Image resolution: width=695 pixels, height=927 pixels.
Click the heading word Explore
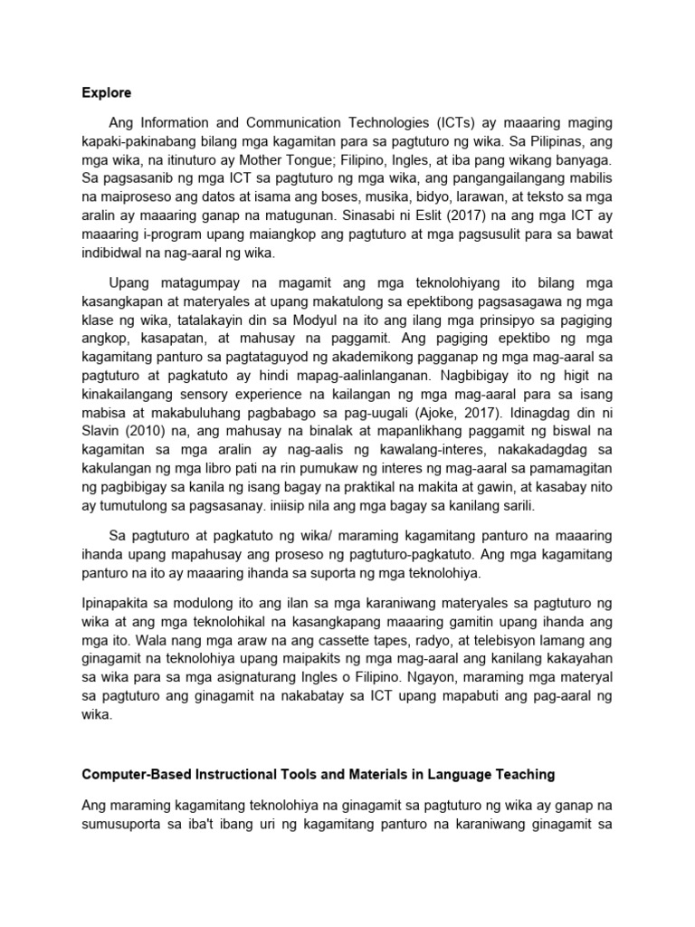[106, 92]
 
